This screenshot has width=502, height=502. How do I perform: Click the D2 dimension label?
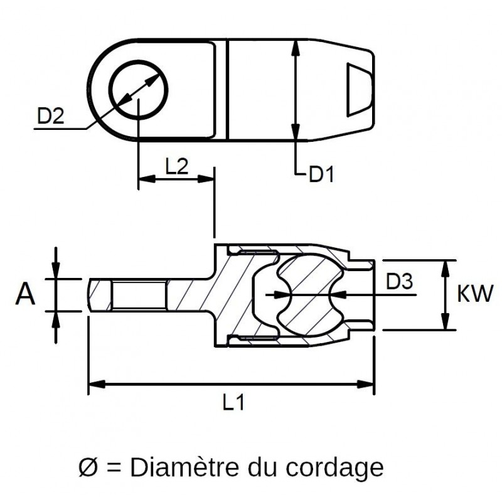[x=51, y=116]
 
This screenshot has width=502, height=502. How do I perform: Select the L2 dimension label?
[x=176, y=166]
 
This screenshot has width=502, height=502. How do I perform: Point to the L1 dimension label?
[x=233, y=403]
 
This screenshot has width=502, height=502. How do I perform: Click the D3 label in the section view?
[x=399, y=282]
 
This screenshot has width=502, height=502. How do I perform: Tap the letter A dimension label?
[x=25, y=294]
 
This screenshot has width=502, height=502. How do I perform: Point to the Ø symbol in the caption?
[x=88, y=467]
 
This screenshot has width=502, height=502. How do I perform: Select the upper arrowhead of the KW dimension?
[x=446, y=265]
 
